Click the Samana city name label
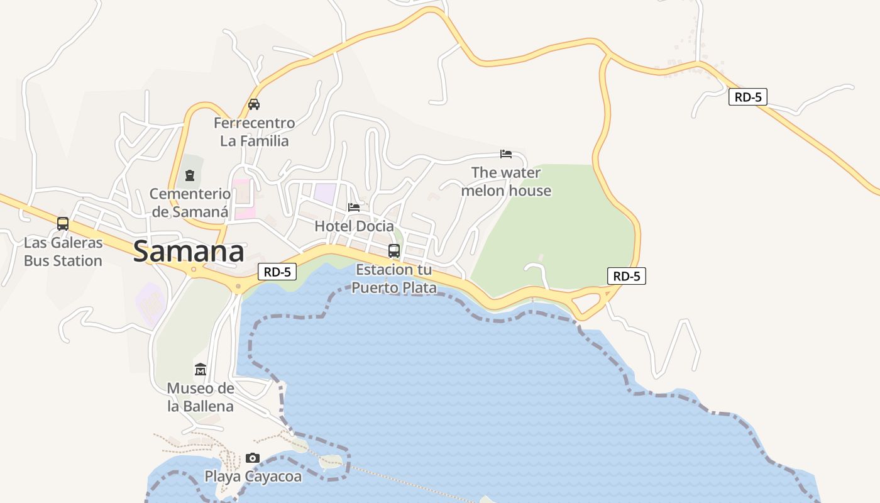[x=189, y=251]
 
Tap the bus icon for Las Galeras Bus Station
[x=63, y=223]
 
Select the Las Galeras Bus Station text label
[x=63, y=251]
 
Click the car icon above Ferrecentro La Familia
[x=254, y=104]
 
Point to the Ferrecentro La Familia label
[x=254, y=131]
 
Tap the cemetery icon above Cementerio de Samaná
[x=190, y=175]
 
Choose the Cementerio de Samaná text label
[x=190, y=202]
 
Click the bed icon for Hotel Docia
[x=354, y=207]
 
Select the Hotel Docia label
[x=354, y=226]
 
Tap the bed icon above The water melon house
[x=506, y=154]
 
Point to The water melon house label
[x=506, y=181]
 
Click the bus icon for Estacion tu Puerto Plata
[x=394, y=251]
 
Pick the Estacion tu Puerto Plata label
[x=394, y=279]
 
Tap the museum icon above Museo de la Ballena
[x=201, y=369]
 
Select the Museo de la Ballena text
[x=201, y=397]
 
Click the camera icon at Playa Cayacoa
[x=253, y=458]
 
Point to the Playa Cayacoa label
[x=253, y=477]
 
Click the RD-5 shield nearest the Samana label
[x=277, y=272]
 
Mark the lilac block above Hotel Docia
[x=325, y=192]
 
